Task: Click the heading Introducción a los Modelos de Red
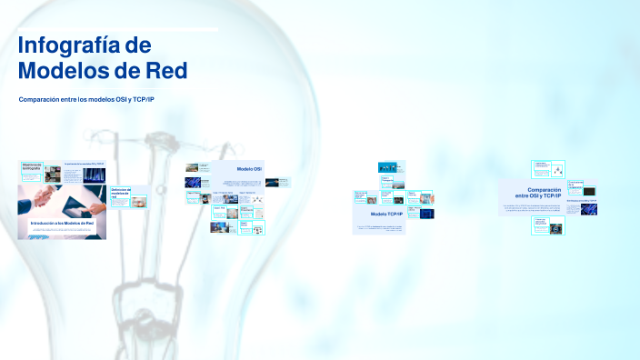pyautogui.click(x=62, y=223)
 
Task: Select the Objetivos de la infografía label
pyautogui.click(x=33, y=166)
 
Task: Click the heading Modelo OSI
pyautogui.click(x=249, y=169)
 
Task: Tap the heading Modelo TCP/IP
pyautogui.click(x=386, y=214)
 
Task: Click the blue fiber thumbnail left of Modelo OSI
pyautogui.click(x=193, y=182)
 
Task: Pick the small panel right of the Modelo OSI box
pyautogui.click(x=284, y=181)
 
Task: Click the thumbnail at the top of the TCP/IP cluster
pyautogui.click(x=391, y=166)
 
